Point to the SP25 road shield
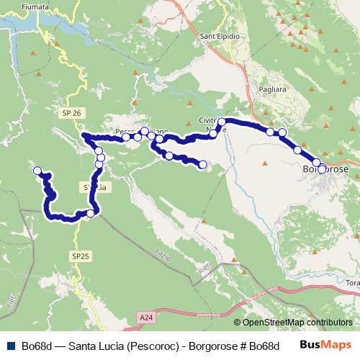[80, 256]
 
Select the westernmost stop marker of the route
[37, 171]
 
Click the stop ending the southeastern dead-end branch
[202, 165]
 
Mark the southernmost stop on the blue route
[91, 213]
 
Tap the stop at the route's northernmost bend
[222, 122]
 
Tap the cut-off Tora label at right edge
[352, 283]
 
